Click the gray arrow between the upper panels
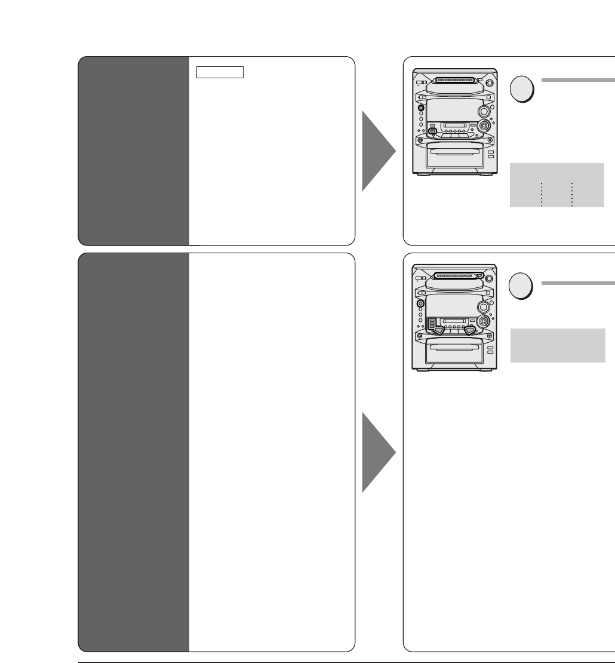pos(376,151)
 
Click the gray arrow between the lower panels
pos(376,452)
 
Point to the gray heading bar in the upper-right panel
pos(577,79)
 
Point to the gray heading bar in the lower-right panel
pos(577,283)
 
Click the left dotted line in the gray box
pos(542,194)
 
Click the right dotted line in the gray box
pos(572,194)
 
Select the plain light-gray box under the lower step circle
pos(558,345)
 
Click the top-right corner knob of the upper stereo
pos(489,83)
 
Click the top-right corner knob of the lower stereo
pos(489,278)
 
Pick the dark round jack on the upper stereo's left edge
pos(420,109)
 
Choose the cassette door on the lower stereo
pos(454,352)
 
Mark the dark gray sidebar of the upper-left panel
pos(134,151)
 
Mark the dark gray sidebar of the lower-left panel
pos(134,452)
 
